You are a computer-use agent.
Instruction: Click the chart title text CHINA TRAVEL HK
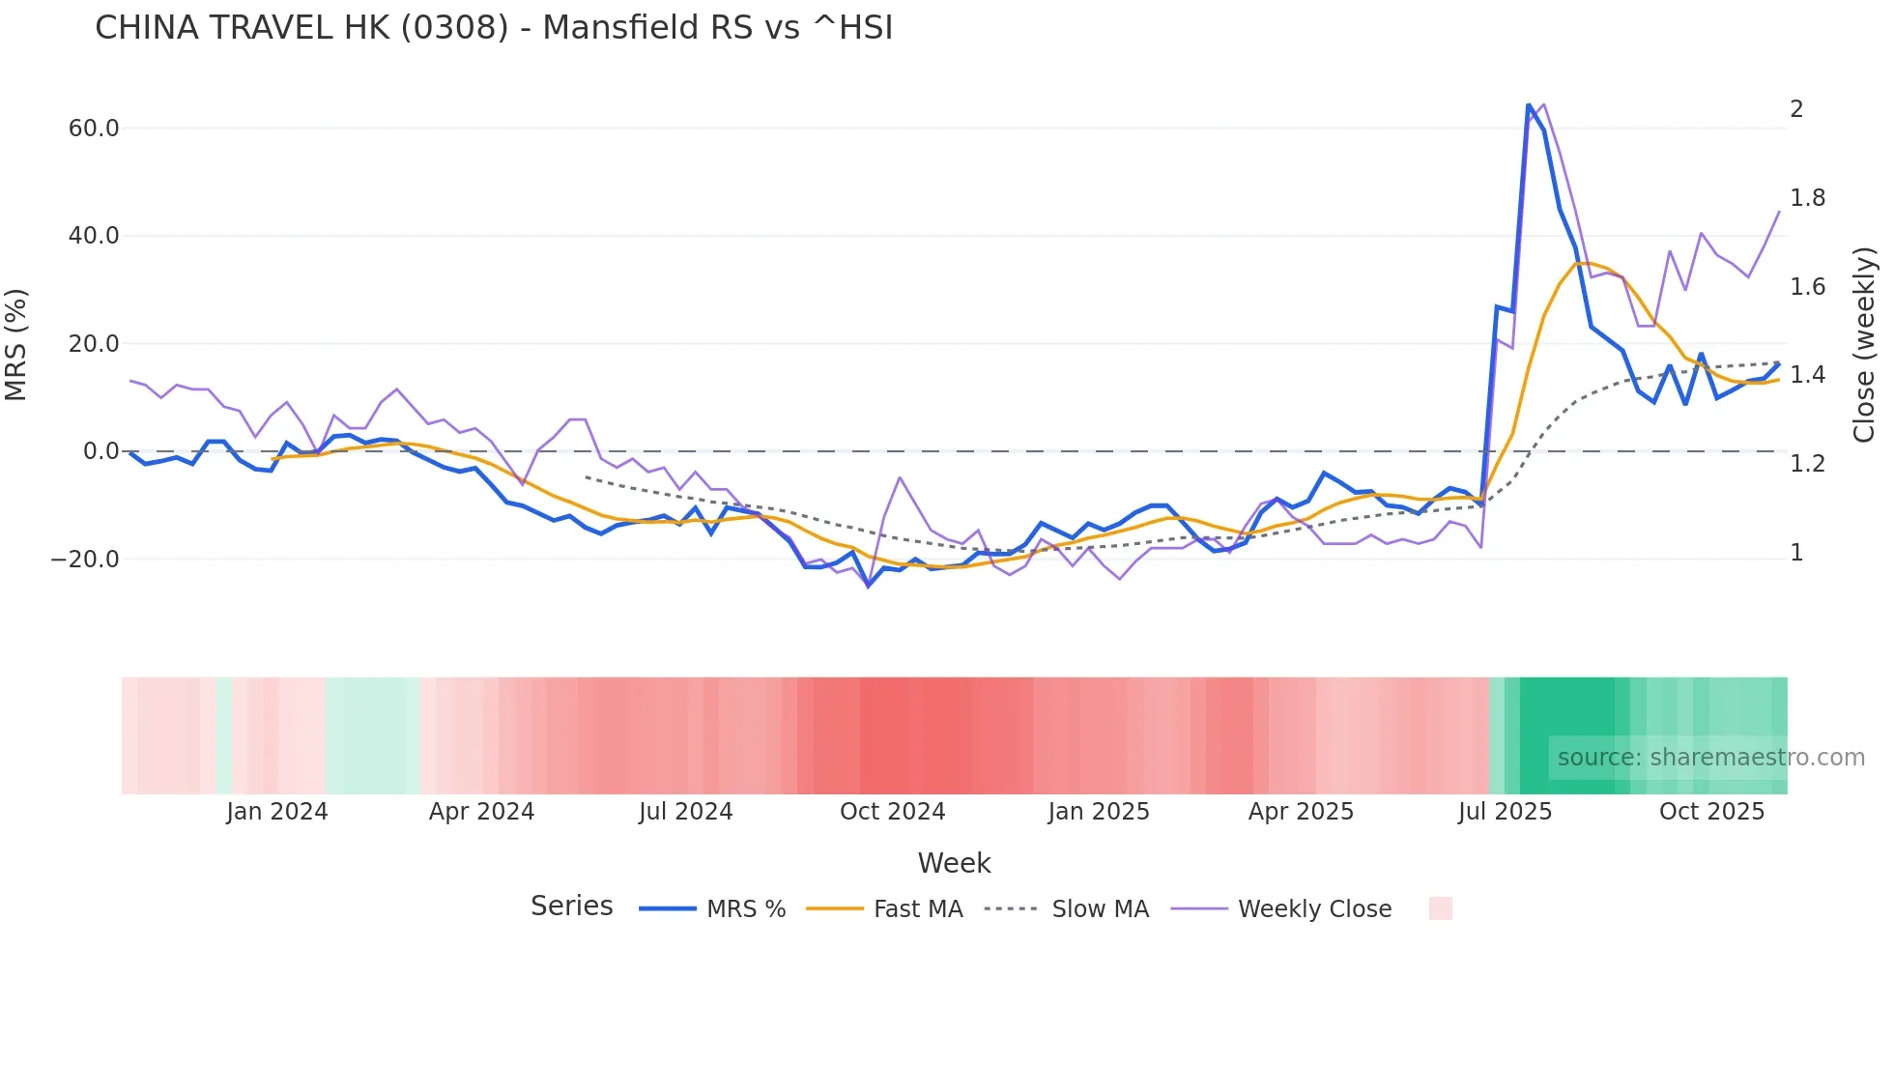301,28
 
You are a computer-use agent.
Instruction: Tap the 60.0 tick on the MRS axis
94,129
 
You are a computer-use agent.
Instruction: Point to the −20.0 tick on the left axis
85,560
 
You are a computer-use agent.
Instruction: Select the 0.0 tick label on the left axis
100,451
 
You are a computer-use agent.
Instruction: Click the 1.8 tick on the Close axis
1807,198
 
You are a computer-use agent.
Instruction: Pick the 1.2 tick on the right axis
1807,464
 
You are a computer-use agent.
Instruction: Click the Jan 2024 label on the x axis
277,812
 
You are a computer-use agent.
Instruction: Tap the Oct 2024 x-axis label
892,812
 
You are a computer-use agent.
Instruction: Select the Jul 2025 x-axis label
1505,812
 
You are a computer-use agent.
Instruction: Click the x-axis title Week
954,863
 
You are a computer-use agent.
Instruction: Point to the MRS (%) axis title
16,345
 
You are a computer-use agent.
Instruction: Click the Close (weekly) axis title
1864,345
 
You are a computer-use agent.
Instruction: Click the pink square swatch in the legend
1440,908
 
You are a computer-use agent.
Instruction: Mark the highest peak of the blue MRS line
1529,104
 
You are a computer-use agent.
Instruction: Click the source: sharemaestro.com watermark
1710,758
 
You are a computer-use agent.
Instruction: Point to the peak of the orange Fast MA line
1581,263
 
